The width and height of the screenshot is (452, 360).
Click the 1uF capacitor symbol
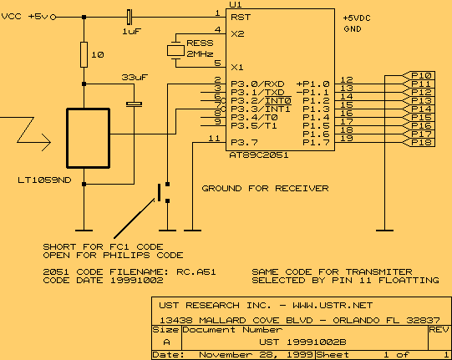pos(130,17)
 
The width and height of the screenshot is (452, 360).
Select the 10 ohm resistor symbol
pos(84,54)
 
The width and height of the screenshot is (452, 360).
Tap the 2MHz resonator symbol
pos(175,51)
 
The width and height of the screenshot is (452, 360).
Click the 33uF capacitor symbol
pos(134,104)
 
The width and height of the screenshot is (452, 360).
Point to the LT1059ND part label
pos(44,180)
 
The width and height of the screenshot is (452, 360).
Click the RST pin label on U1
pos(241,18)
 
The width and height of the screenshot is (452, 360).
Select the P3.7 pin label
pos(244,142)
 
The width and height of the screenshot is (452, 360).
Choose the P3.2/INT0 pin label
pos(261,101)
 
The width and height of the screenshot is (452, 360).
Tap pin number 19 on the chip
pos(347,139)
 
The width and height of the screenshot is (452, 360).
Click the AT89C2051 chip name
pos(259,155)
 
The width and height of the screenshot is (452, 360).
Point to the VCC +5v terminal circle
pos(53,18)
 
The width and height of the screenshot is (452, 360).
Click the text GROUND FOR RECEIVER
pos(265,189)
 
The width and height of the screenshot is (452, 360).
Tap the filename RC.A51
pos(196,271)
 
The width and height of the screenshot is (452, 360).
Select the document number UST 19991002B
pos(302,342)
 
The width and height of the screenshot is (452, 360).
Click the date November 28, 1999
pos(256,354)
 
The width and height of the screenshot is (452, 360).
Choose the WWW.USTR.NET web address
pos(333,305)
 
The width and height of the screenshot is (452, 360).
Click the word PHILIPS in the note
pos(126,255)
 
